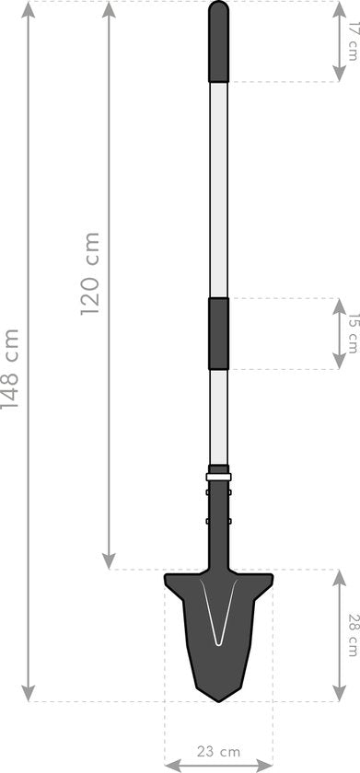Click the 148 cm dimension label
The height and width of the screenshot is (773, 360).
pyautogui.click(x=10, y=368)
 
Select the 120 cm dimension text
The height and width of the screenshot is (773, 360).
pyautogui.click(x=90, y=274)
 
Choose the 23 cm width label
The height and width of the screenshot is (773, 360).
pyautogui.click(x=218, y=751)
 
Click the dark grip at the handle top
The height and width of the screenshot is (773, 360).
pyautogui.click(x=218, y=41)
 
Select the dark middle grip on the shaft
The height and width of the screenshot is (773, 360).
pyautogui.click(x=218, y=333)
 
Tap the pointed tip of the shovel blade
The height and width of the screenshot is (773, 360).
pyautogui.click(x=218, y=700)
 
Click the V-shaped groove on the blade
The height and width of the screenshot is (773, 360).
pyautogui.click(x=218, y=626)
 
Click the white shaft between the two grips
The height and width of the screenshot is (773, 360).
pyautogui.click(x=218, y=189)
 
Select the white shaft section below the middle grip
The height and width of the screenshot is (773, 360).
pyautogui.click(x=218, y=414)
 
